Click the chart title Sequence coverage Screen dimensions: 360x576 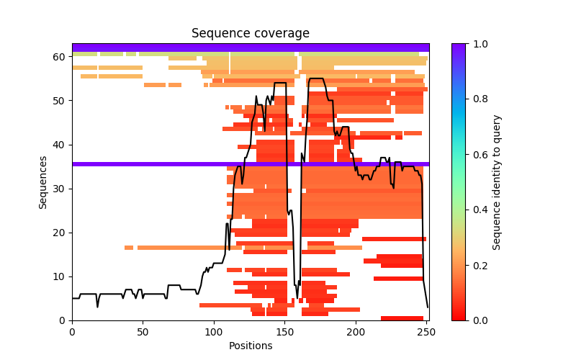pos(250,34)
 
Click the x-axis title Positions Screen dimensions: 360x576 pos(250,346)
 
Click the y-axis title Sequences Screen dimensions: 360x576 pos(43,182)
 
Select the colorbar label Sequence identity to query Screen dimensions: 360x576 pos(497,182)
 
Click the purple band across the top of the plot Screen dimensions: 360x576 pos(250,48)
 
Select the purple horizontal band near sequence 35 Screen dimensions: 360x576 pos(250,164)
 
